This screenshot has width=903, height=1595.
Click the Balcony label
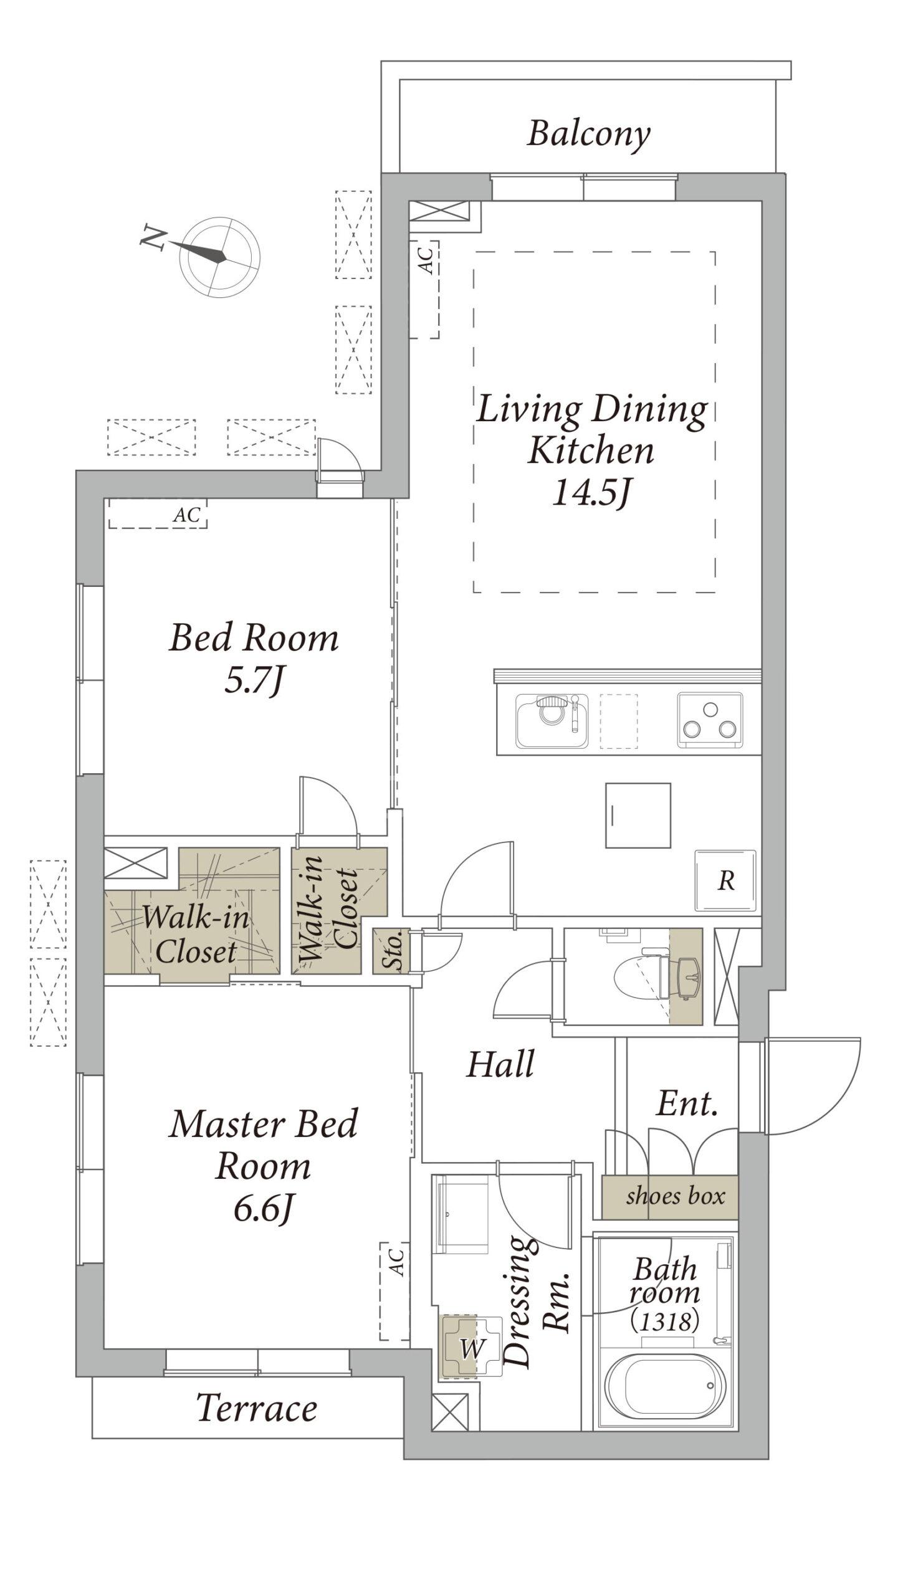[589, 135]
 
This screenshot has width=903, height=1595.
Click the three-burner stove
[710, 720]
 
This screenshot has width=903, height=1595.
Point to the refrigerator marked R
[726, 880]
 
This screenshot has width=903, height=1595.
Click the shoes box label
[676, 1196]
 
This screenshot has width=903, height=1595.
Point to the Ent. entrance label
[687, 1103]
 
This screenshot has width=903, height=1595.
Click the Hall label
[500, 1064]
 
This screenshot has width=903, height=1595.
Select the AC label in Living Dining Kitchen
[426, 260]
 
